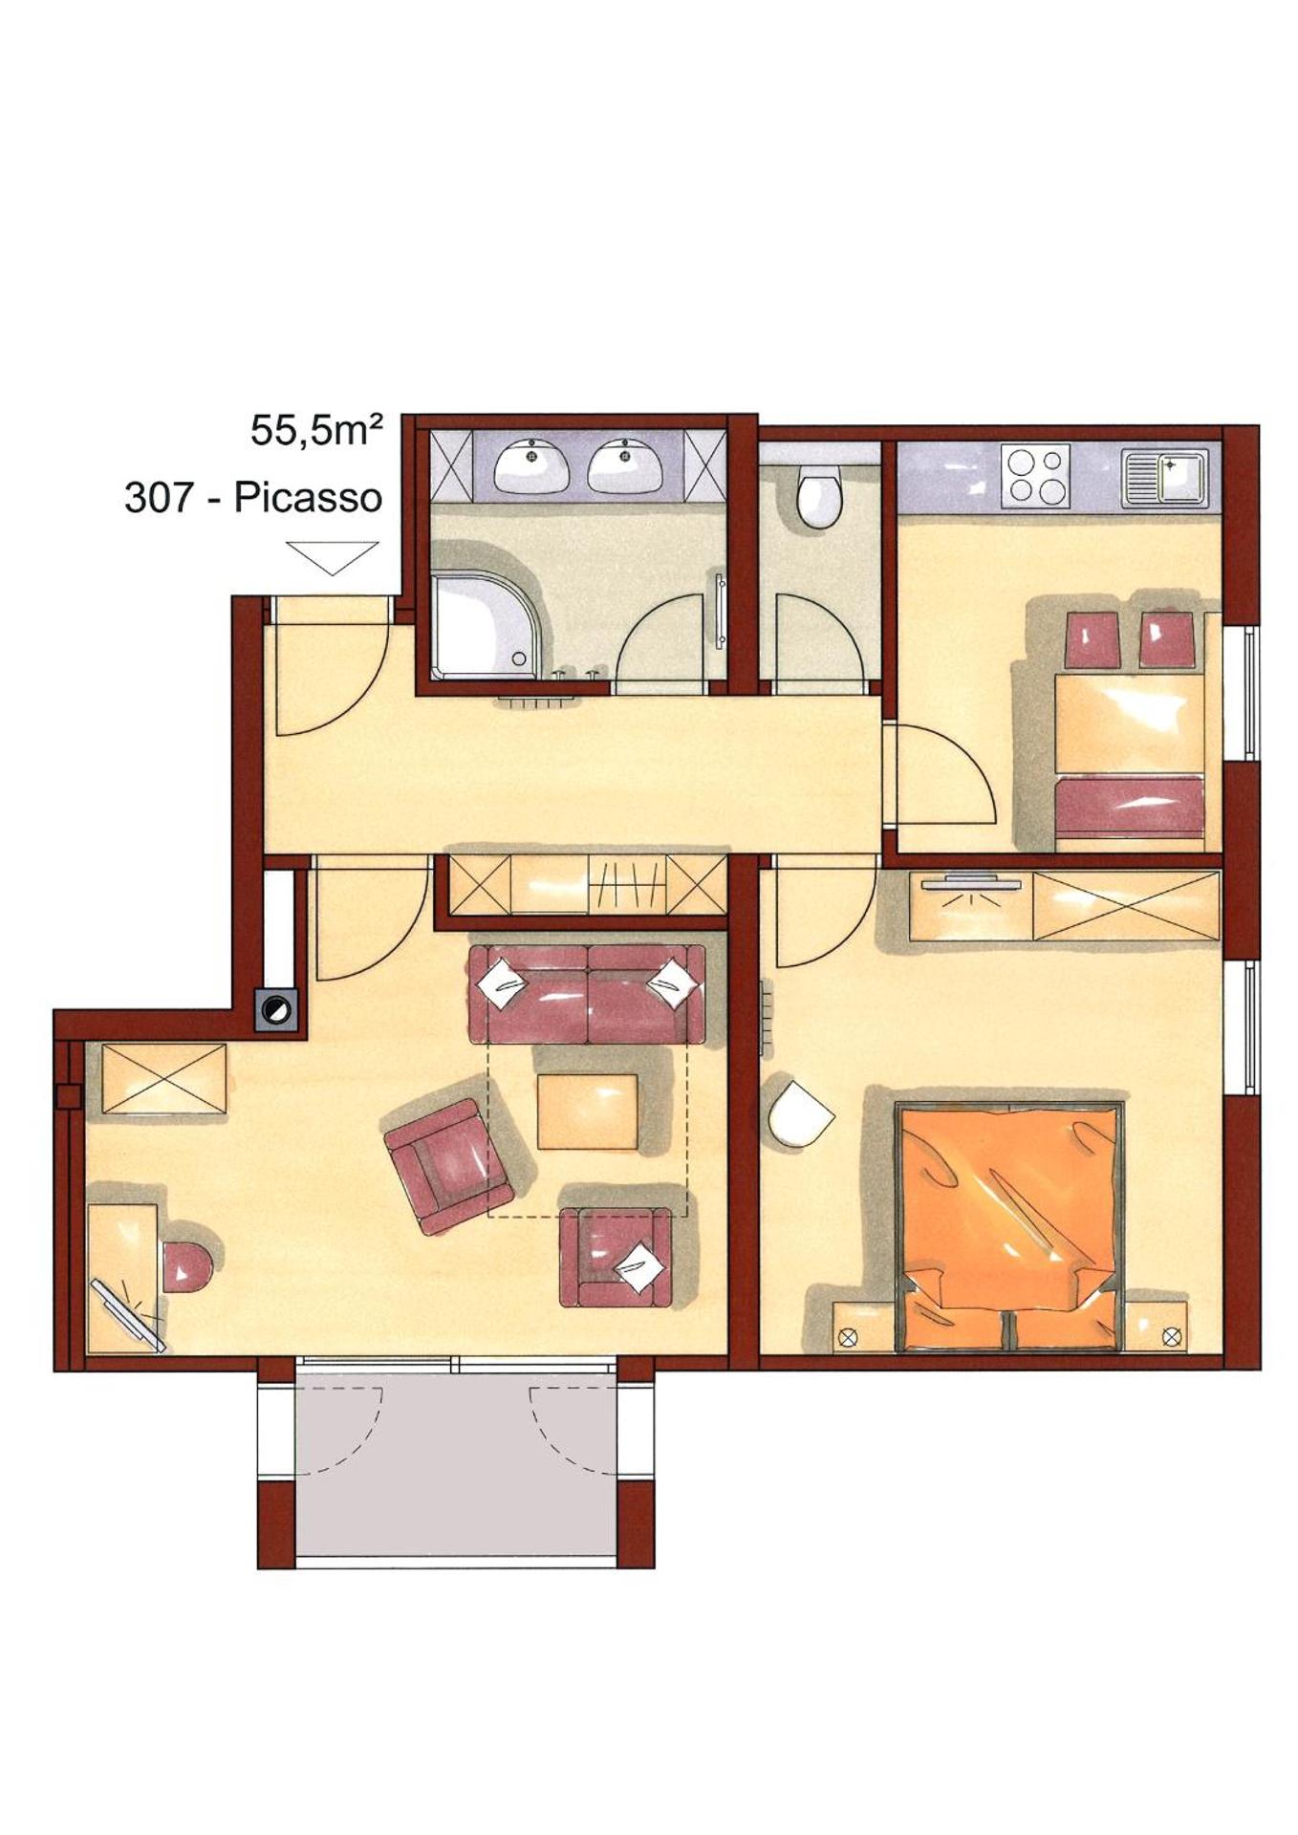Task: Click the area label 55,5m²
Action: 316,432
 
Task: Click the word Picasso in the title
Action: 308,498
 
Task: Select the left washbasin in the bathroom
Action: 531,465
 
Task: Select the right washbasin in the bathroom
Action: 625,465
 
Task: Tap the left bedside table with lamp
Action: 860,1326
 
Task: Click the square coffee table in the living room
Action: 587,1112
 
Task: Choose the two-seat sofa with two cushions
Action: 586,994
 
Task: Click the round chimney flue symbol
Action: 277,1008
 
